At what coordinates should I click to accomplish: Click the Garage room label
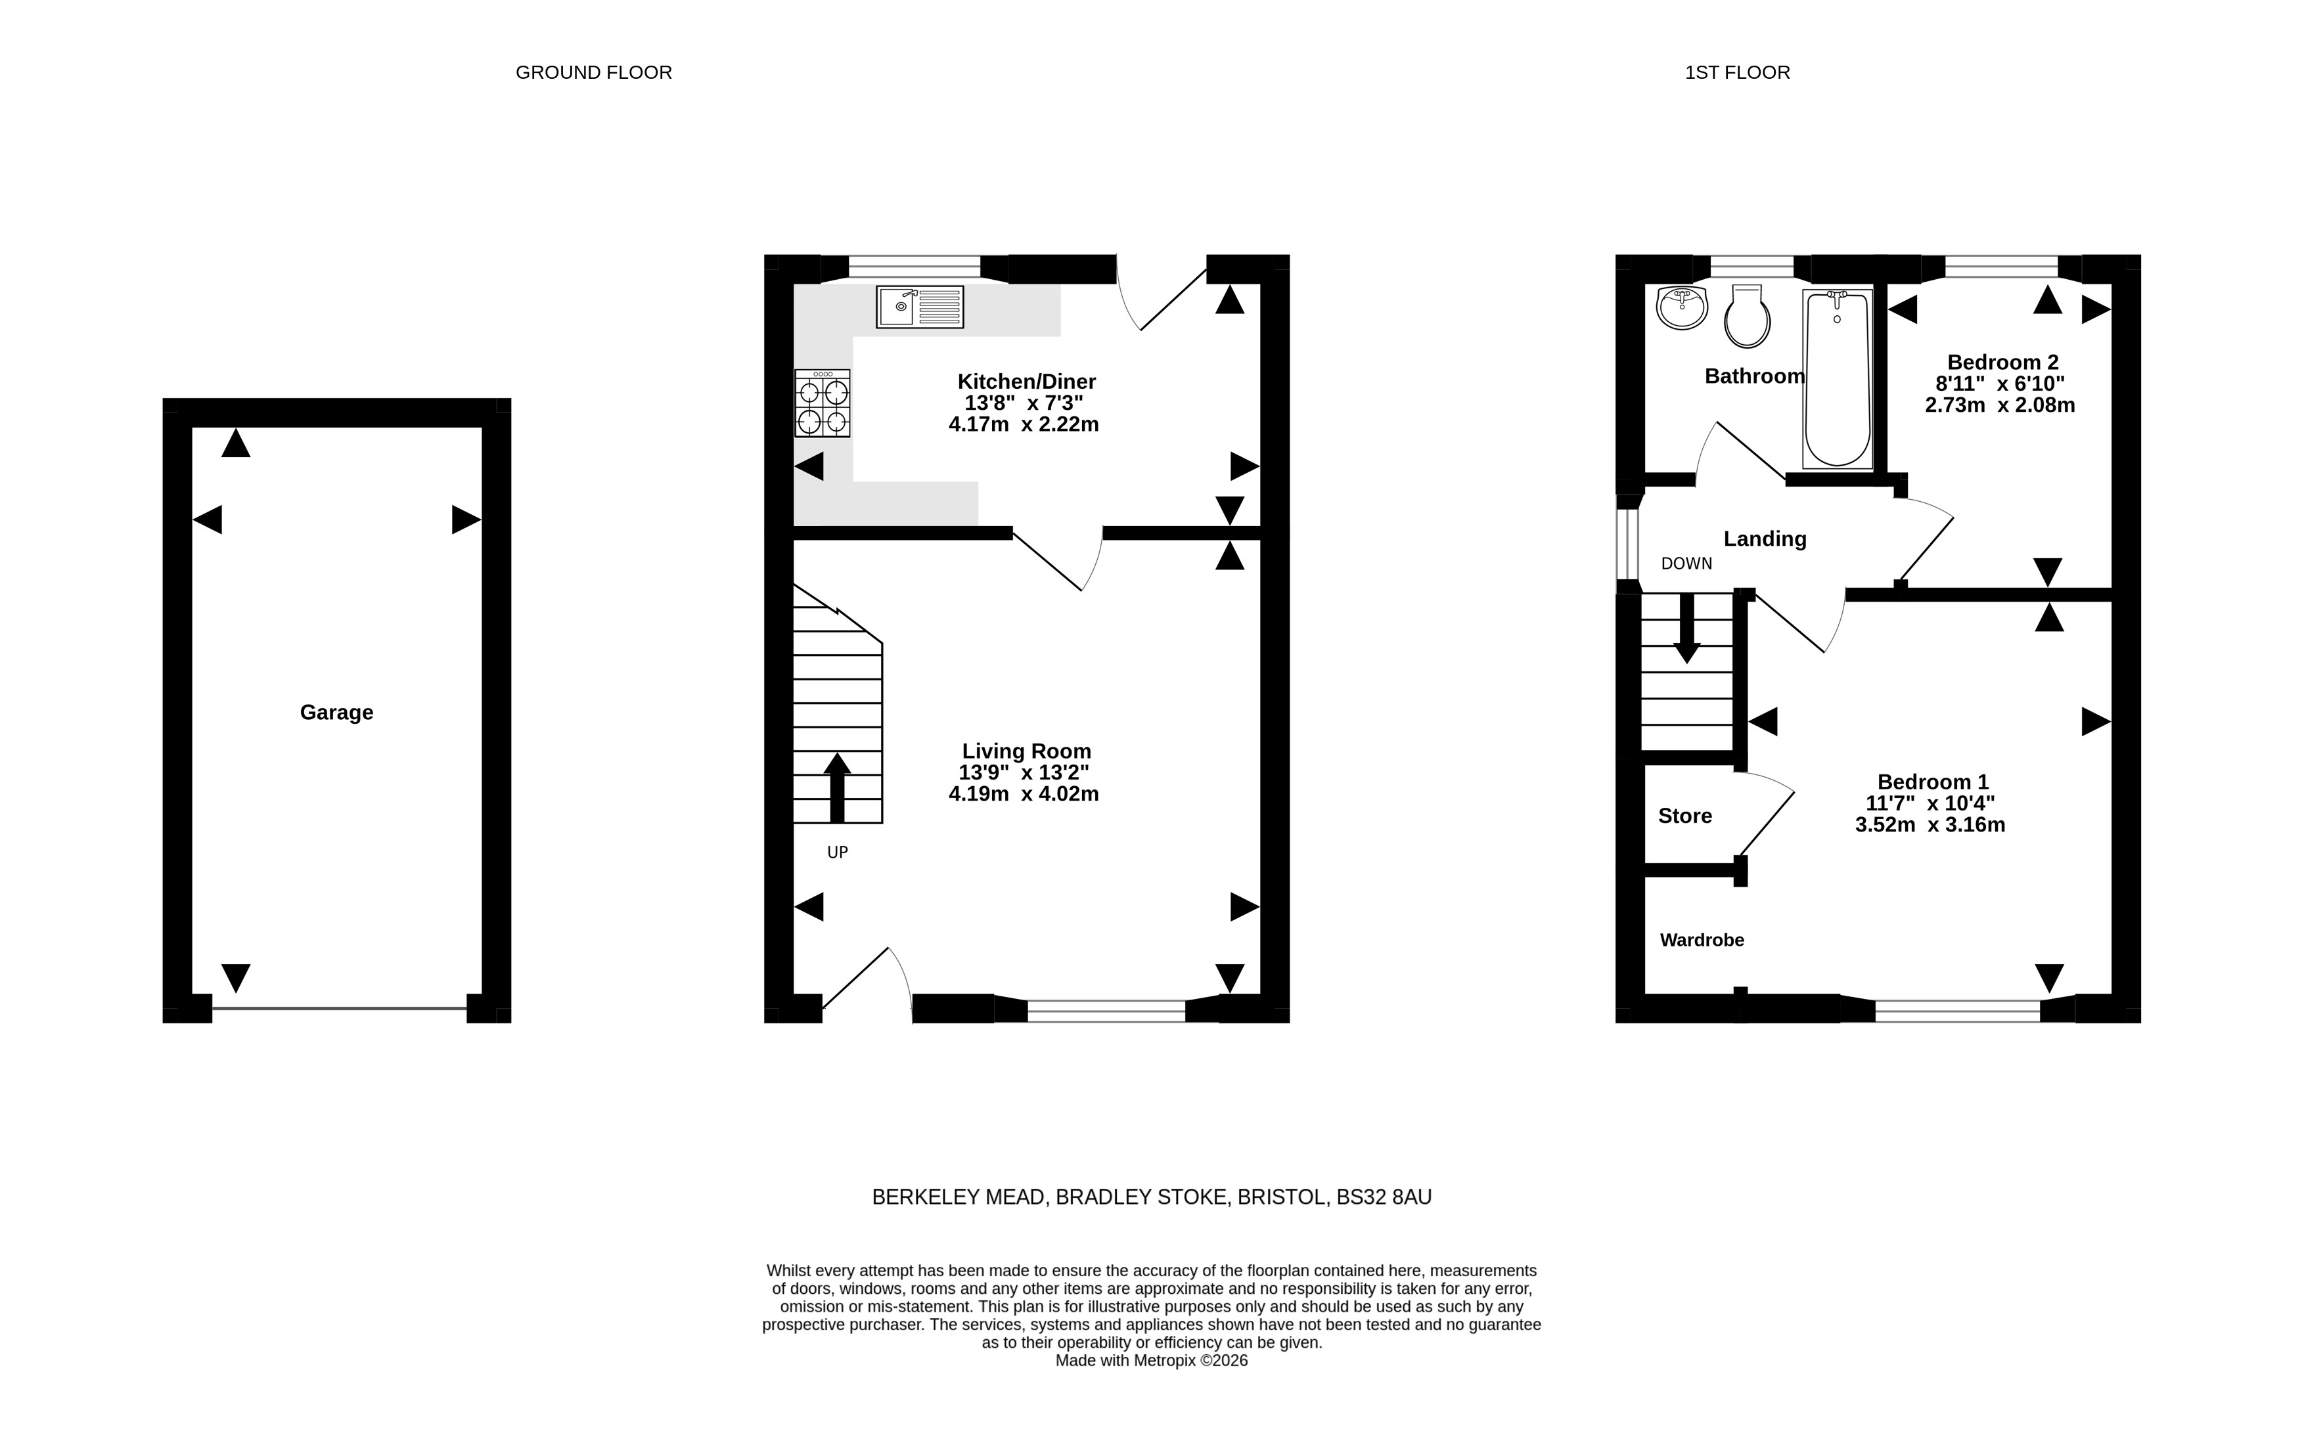pos(336,712)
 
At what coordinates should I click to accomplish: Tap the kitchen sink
pos(920,307)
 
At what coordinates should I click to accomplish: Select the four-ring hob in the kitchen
pos(823,403)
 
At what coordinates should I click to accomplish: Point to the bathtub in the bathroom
pos(1836,379)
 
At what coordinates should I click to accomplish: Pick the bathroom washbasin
pos(1683,307)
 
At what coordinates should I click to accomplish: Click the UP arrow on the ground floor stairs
pos(837,787)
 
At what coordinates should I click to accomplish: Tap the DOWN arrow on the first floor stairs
pos(1686,628)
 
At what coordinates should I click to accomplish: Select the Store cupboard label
pos(1685,816)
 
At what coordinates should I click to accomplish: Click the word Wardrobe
pos(1702,941)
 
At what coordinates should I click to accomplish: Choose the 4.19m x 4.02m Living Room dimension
pos(1024,794)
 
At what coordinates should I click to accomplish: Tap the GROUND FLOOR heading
pos(594,72)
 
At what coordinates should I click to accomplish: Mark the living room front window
pos(1106,1011)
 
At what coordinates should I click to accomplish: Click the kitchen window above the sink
pos(914,267)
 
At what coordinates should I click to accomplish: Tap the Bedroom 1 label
pos(1933,782)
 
